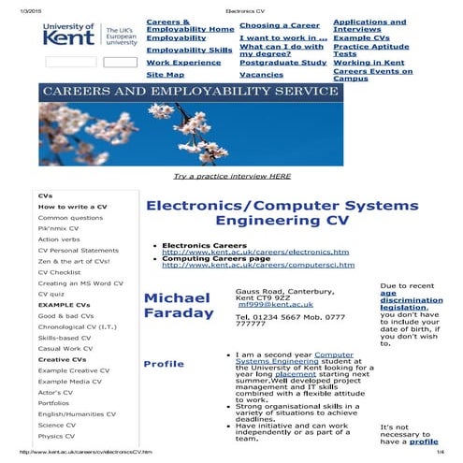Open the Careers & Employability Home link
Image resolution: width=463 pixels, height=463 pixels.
pyautogui.click(x=190, y=25)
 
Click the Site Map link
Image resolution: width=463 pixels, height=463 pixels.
pyautogui.click(x=166, y=75)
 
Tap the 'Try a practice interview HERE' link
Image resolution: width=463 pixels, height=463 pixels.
pyautogui.click(x=232, y=176)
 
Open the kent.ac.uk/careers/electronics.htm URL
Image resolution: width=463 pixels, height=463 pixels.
pyautogui.click(x=254, y=253)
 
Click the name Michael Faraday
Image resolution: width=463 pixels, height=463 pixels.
pyautogui.click(x=179, y=305)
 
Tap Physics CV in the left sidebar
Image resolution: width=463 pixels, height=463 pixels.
pyautogui.click(x=57, y=437)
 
